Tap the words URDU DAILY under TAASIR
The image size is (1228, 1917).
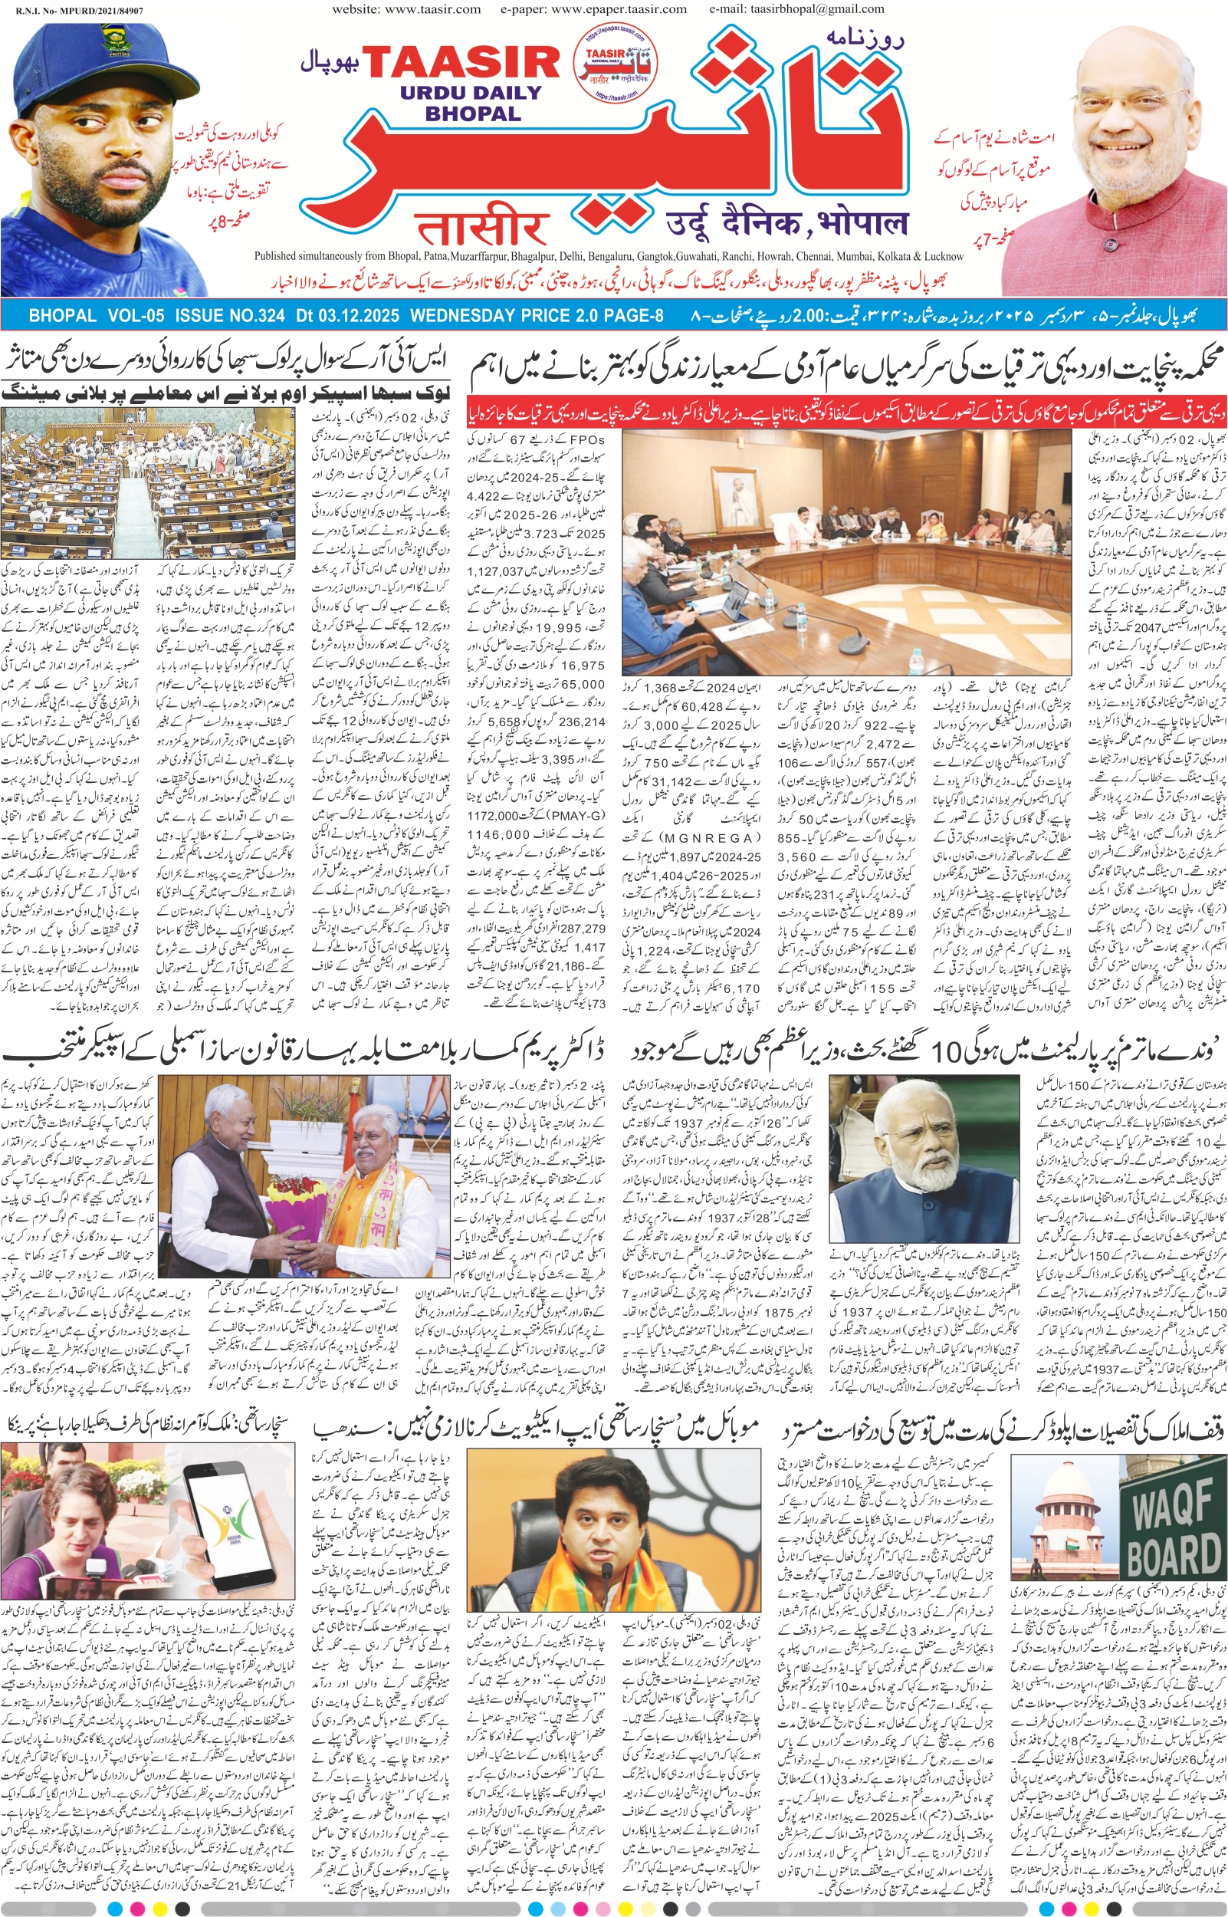pos(471,94)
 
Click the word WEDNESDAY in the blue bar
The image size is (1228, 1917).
pos(462,316)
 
